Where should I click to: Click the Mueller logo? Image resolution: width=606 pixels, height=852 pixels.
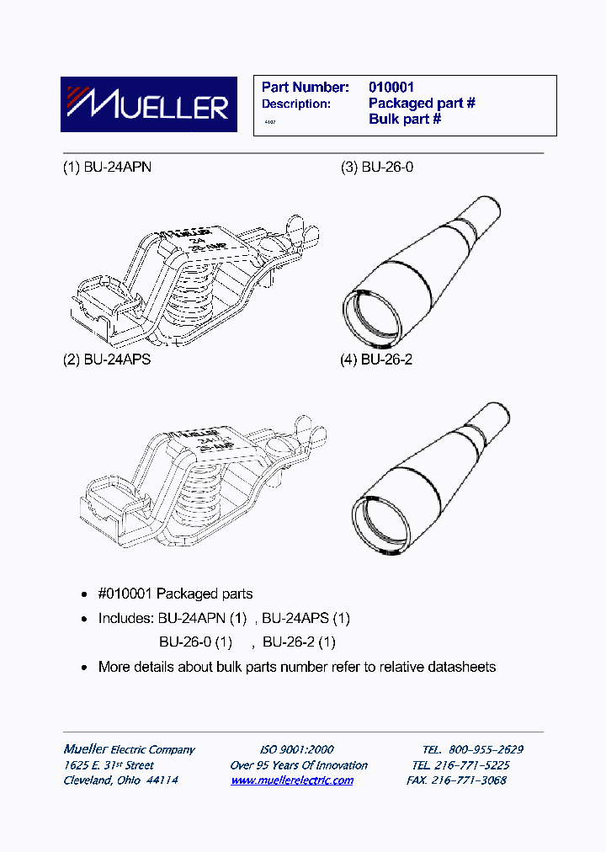pos(144,105)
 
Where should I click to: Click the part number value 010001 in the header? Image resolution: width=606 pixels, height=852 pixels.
pos(391,87)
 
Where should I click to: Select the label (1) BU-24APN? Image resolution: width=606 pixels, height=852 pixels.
pos(107,167)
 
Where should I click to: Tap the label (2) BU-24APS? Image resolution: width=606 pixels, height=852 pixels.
pos(107,359)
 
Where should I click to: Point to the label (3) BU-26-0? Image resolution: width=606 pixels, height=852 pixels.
pos(377,167)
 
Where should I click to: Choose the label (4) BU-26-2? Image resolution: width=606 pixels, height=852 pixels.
pos(377,359)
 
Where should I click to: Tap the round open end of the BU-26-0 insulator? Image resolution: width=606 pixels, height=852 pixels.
pos(371,312)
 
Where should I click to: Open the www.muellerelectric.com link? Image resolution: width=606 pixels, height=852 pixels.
pos(292,780)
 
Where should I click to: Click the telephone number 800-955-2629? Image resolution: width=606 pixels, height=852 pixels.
pos(486,749)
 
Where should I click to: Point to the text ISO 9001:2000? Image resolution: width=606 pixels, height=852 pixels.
pos(296,749)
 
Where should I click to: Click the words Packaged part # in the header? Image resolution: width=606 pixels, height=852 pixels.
pos(422,104)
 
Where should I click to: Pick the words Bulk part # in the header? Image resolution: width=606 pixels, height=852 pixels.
pos(405,120)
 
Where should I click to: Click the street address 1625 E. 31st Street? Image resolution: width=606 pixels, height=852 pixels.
pos(109,765)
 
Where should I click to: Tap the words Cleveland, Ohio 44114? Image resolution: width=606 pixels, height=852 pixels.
pos(120,780)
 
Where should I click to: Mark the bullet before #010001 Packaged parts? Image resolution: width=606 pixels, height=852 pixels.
pos(84,594)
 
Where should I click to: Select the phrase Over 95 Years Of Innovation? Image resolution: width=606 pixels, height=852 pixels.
pos(299,765)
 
